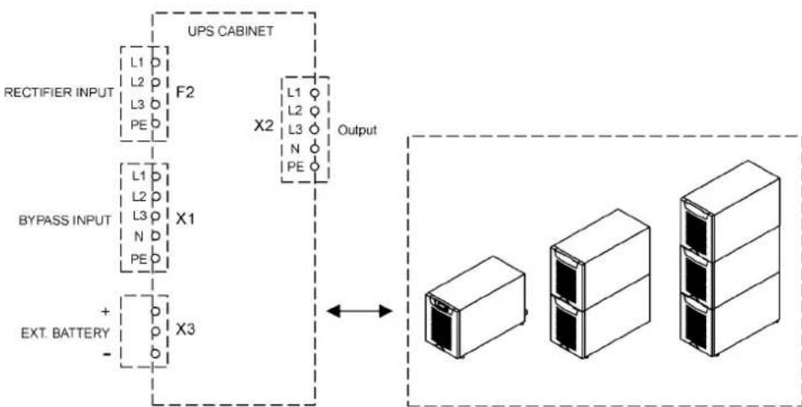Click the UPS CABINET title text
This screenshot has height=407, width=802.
click(231, 30)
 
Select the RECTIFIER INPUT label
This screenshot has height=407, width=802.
click(59, 92)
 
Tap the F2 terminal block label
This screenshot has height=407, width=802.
click(184, 93)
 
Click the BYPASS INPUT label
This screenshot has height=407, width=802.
click(65, 221)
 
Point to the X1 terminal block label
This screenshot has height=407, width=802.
click(185, 219)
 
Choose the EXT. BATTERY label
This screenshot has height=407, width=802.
click(65, 333)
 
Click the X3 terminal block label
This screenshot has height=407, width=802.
click(185, 330)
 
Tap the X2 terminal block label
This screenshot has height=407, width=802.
click(264, 126)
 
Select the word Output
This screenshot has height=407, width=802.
click(357, 130)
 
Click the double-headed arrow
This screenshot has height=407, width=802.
click(359, 310)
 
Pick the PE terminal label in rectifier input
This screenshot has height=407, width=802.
click(139, 124)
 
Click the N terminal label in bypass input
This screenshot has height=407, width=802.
click(138, 236)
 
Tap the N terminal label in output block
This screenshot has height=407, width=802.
click(295, 149)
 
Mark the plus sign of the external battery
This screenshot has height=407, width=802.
click(106, 311)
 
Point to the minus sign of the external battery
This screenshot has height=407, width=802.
click(106, 352)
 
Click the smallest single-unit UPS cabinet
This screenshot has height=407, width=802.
click(475, 307)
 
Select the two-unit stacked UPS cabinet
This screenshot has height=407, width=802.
click(600, 283)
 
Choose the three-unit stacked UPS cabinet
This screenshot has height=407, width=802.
click(730, 258)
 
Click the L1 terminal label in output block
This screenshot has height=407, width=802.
click(295, 93)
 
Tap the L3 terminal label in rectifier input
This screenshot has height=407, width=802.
click(138, 105)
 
